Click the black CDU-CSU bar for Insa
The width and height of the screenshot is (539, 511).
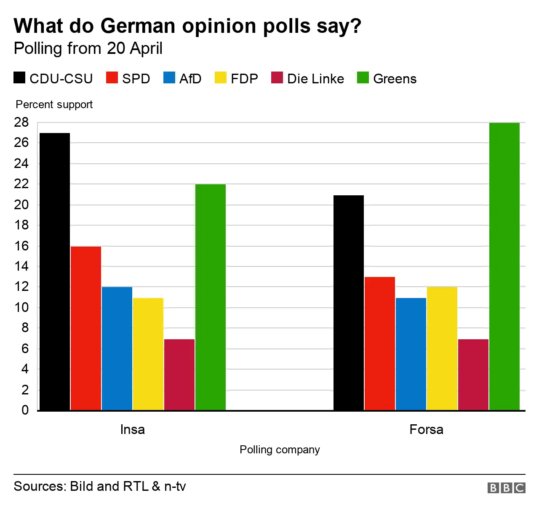pyautogui.click(x=54, y=271)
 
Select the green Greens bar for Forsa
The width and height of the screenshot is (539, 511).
pyautogui.click(x=504, y=266)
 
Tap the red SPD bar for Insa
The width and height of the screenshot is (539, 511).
pyautogui.click(x=86, y=328)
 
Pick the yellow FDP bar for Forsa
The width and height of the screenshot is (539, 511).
pyautogui.click(x=442, y=349)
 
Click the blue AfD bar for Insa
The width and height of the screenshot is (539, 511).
pyautogui.click(x=117, y=349)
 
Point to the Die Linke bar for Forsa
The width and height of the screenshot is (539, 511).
pyautogui.click(x=473, y=375)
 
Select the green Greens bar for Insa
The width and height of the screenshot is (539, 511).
pyautogui.click(x=211, y=297)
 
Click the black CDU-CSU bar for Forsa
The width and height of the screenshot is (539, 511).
pyautogui.click(x=348, y=303)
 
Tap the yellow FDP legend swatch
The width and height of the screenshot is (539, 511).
pyautogui.click(x=221, y=78)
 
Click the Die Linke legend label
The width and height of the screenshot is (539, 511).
pyautogui.click(x=315, y=79)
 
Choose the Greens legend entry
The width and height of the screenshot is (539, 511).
pyautogui.click(x=387, y=79)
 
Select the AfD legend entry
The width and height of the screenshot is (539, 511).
pyautogui.click(x=182, y=79)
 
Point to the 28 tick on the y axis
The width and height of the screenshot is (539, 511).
pyautogui.click(x=21, y=122)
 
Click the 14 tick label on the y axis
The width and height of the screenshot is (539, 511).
pyautogui.click(x=21, y=266)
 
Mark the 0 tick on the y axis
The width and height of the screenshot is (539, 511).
pyautogui.click(x=25, y=410)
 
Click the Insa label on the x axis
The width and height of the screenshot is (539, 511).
pyautogui.click(x=132, y=429)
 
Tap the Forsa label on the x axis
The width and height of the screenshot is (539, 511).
pyautogui.click(x=426, y=429)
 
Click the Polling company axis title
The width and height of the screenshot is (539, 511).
pyautogui.click(x=280, y=450)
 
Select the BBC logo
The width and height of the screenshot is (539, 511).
pyautogui.click(x=506, y=487)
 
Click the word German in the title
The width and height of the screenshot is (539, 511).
pyautogui.click(x=138, y=26)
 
